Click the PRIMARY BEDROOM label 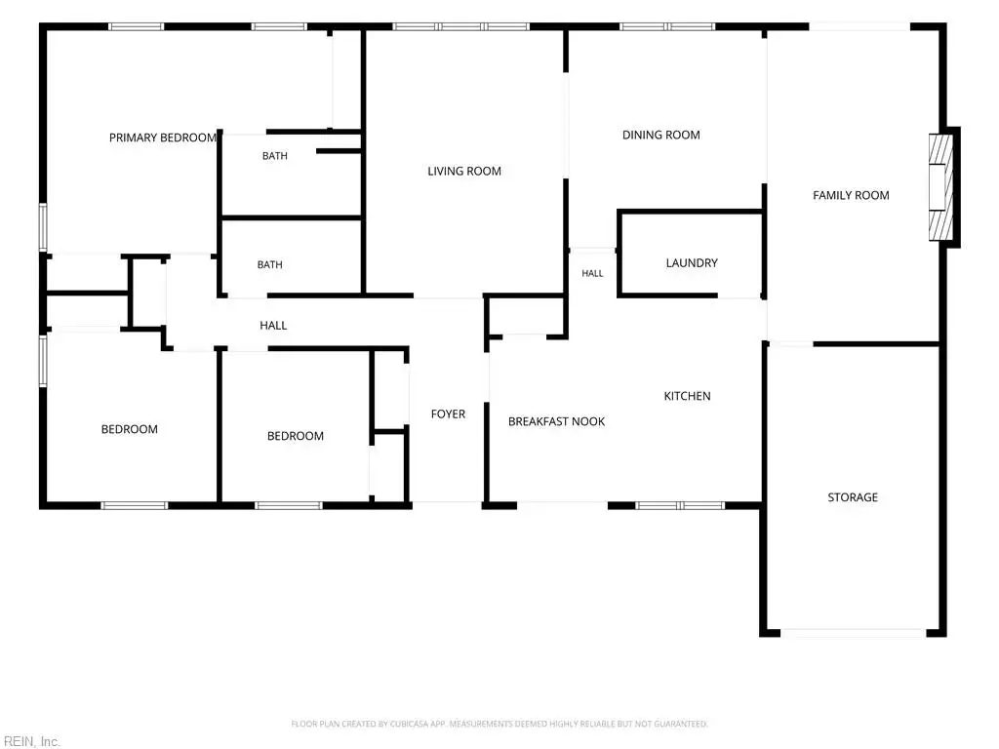point(163,138)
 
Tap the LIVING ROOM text point(464,171)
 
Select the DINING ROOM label point(661,135)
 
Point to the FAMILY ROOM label point(851,195)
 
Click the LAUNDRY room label point(692,263)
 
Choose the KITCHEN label point(688,396)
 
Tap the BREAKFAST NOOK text point(557,421)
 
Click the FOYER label point(449,414)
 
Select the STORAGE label point(853,497)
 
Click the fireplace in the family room point(941,186)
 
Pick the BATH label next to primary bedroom point(275,156)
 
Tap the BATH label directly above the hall point(270,265)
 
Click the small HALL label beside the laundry point(592,273)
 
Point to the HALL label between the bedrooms point(273,326)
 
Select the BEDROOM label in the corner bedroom point(130,429)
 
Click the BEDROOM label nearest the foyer point(296,436)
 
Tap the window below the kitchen point(680,506)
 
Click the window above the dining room point(667,26)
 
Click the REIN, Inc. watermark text point(32,741)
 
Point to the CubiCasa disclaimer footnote point(499,724)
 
